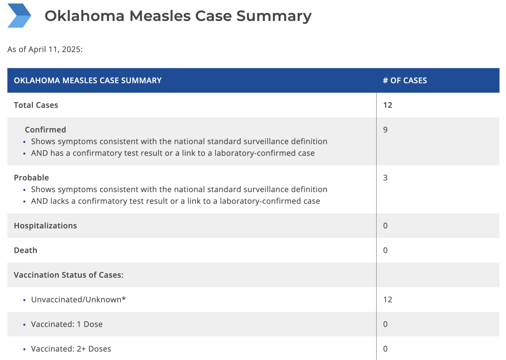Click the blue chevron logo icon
[x=19, y=16]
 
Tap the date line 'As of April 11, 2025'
[x=45, y=50]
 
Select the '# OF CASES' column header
[x=405, y=81]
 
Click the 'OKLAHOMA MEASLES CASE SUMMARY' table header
[x=88, y=81]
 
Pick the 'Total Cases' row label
[x=36, y=105]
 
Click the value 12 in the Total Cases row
[x=387, y=105]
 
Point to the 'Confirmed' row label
[x=45, y=130]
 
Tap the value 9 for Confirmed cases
[x=385, y=130]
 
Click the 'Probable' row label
[x=31, y=178]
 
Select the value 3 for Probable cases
[x=385, y=178]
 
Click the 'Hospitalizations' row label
[x=45, y=226]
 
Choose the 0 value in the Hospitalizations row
[x=385, y=226]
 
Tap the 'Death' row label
[x=25, y=251]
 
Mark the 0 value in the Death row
[x=385, y=251]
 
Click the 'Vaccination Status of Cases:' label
[x=69, y=275]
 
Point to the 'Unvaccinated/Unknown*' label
[x=78, y=300]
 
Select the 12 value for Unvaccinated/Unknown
[x=387, y=300]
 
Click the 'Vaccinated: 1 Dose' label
[x=67, y=324]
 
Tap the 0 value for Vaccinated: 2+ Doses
[x=385, y=349]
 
